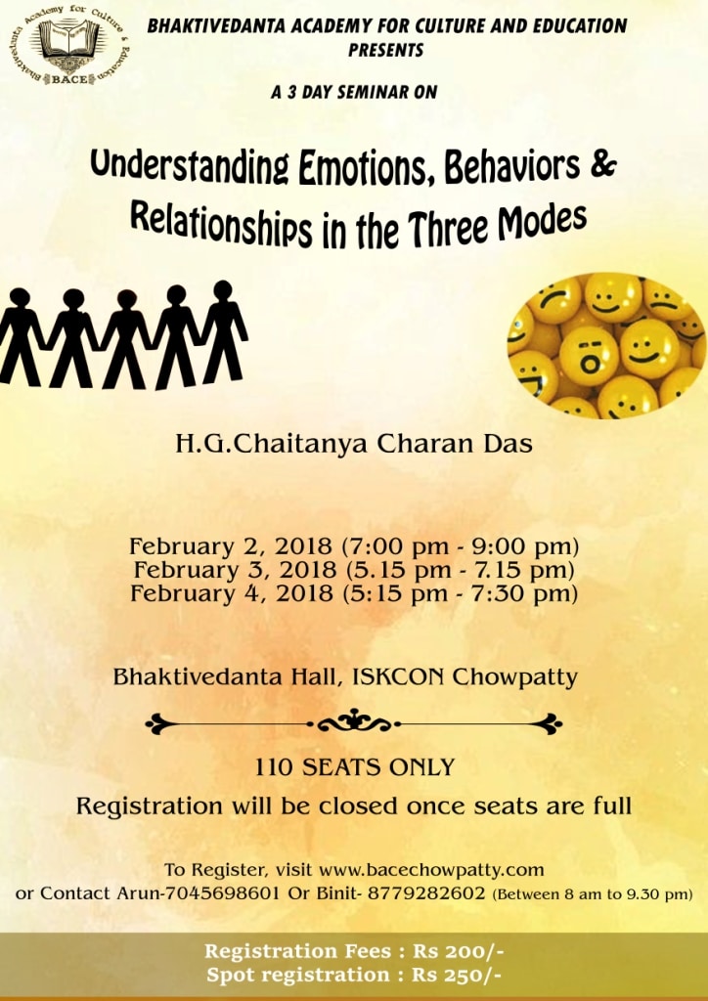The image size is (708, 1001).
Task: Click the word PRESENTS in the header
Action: click(x=385, y=51)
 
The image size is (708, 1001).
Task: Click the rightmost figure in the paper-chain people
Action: click(x=223, y=332)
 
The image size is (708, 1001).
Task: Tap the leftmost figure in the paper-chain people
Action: click(x=20, y=337)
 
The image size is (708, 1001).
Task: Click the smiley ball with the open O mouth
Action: click(x=589, y=357)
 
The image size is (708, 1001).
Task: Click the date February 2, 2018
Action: click(x=231, y=547)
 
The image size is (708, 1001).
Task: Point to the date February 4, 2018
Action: click(x=232, y=593)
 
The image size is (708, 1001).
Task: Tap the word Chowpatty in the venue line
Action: click(x=514, y=677)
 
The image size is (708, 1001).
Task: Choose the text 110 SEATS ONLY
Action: click(x=354, y=766)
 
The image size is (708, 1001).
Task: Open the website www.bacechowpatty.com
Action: click(x=431, y=869)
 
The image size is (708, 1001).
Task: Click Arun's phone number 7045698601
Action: click(x=222, y=892)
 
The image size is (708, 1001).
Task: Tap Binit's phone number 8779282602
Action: click(x=426, y=892)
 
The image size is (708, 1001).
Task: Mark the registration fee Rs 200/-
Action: click(x=459, y=951)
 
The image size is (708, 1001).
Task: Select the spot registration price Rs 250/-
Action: click(x=456, y=975)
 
